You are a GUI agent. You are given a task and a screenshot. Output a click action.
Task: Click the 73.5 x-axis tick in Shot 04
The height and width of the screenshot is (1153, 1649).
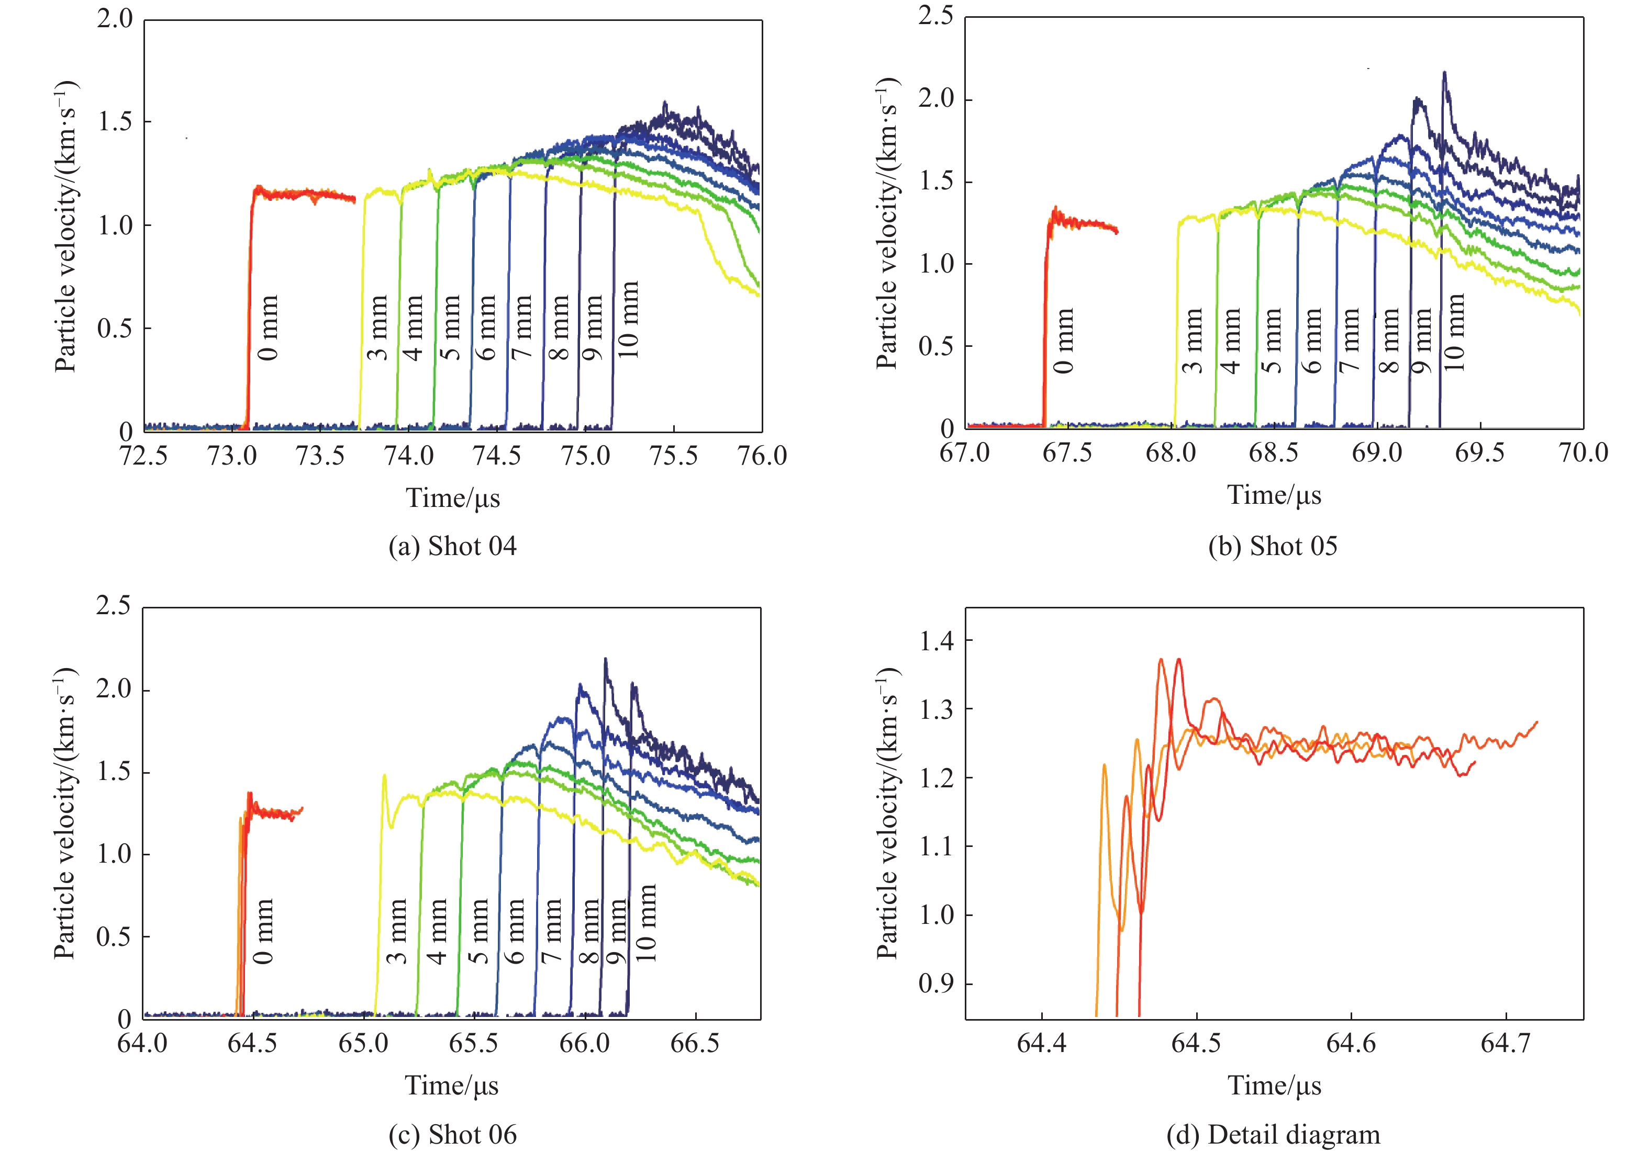320,455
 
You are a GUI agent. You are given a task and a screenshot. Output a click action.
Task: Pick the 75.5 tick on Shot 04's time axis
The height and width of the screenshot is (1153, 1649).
674,455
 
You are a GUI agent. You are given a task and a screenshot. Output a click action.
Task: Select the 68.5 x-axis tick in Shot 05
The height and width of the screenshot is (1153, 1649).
1273,453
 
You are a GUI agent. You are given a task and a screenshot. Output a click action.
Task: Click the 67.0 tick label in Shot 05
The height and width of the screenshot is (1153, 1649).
965,453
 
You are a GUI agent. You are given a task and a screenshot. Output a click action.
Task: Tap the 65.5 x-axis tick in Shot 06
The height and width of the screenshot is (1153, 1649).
473,1043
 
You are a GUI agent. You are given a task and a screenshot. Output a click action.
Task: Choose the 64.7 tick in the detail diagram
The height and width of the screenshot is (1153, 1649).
1506,1043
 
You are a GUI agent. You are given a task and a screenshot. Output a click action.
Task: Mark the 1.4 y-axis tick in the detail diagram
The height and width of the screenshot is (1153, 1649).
937,640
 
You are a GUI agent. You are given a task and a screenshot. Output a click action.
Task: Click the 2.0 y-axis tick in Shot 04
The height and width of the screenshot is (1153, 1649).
116,19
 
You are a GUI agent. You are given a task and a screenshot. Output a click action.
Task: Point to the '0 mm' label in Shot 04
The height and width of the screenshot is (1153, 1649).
268,327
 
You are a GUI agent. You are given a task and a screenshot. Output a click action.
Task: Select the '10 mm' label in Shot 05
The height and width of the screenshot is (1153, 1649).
1453,332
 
